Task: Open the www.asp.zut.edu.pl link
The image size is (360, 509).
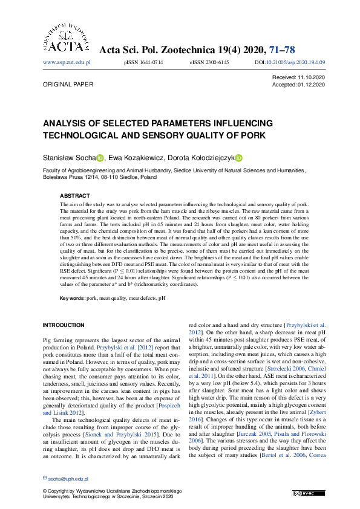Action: [67, 62]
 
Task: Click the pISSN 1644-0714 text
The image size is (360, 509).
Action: [143, 62]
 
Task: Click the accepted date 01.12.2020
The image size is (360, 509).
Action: [312, 85]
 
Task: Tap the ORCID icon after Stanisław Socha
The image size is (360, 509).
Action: [100, 158]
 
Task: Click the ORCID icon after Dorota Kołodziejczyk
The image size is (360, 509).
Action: [239, 158]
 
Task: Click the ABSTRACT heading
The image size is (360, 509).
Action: [74, 196]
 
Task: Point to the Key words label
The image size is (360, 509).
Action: [72, 299]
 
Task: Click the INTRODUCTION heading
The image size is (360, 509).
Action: [64, 325]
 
